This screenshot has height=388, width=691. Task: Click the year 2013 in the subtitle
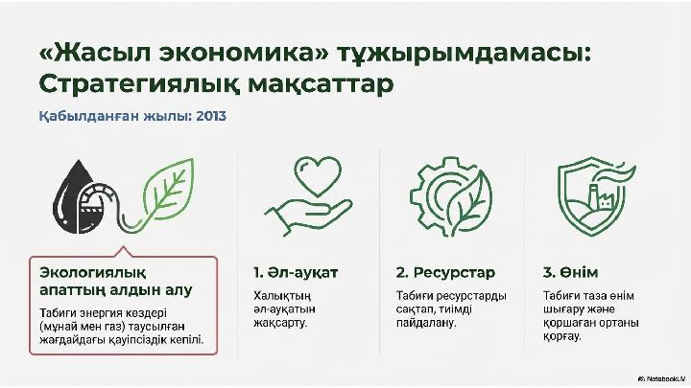(x=211, y=116)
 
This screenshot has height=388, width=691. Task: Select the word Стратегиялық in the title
(x=139, y=85)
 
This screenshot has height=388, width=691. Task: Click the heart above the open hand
(x=318, y=177)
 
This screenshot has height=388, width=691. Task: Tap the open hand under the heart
(x=308, y=216)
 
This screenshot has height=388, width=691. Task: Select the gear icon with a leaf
(x=451, y=196)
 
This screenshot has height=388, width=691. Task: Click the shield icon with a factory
(x=596, y=195)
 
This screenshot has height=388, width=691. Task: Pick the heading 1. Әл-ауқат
(x=296, y=273)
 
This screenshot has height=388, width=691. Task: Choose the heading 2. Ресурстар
(x=445, y=273)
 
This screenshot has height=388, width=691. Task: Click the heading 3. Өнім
(x=570, y=273)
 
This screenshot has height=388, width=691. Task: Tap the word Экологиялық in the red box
(x=92, y=273)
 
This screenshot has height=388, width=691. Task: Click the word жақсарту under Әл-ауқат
(x=280, y=324)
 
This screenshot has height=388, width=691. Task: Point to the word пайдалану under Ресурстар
(x=426, y=324)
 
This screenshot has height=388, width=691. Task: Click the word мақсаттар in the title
(x=321, y=85)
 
